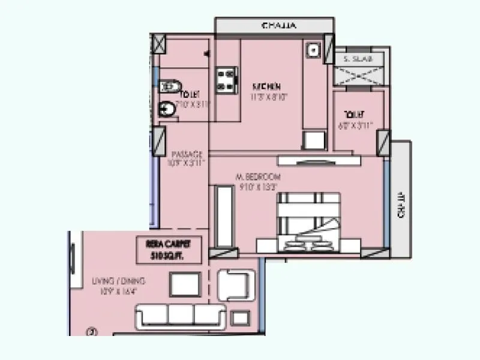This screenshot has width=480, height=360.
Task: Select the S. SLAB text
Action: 358,59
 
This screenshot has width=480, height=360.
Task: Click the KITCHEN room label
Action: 266,86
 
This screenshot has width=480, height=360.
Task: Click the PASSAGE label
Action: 187,154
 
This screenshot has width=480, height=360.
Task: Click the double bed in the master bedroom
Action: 308,223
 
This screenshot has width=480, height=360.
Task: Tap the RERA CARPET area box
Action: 173,248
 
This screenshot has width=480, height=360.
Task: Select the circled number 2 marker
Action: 92,330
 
